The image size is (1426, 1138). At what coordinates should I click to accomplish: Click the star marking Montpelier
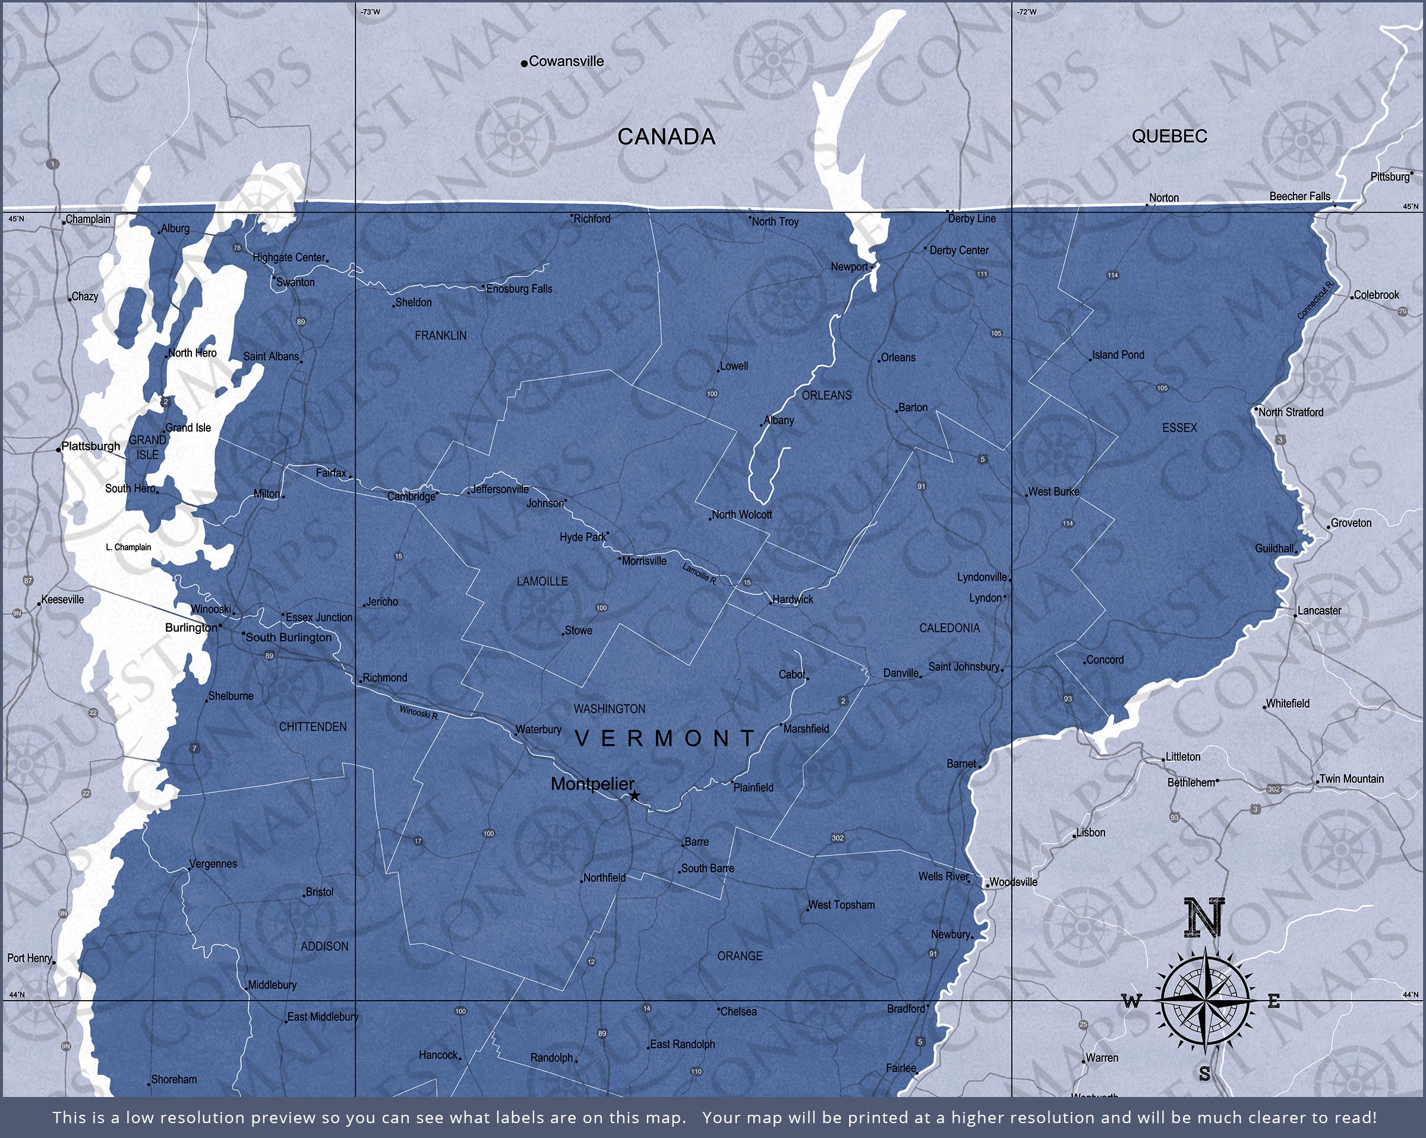pos(635,795)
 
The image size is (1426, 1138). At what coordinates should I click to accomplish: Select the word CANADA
pos(666,137)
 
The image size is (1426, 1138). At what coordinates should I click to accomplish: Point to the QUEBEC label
pos(1169,136)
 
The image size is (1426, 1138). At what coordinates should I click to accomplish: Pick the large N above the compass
pos(1204,918)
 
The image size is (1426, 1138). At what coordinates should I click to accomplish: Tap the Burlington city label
pos(191,627)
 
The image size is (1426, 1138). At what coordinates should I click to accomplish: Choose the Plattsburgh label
pos(91,446)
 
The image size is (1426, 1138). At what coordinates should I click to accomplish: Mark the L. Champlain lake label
pos(128,547)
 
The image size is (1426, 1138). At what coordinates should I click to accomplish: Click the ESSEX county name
pos(1179,428)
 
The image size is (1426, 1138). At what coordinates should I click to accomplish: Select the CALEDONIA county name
pos(949,628)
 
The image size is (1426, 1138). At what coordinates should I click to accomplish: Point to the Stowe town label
pos(578,631)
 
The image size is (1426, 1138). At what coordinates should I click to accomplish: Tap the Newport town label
pos(849,267)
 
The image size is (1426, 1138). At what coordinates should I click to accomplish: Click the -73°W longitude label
pos(370,12)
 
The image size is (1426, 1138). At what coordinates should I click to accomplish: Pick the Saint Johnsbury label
pos(964,666)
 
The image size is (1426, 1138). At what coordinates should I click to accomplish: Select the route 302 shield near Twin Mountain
pos(1274,789)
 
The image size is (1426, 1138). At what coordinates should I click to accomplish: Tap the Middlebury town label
pos(272,985)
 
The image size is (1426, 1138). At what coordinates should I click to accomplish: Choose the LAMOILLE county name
pos(542,582)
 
